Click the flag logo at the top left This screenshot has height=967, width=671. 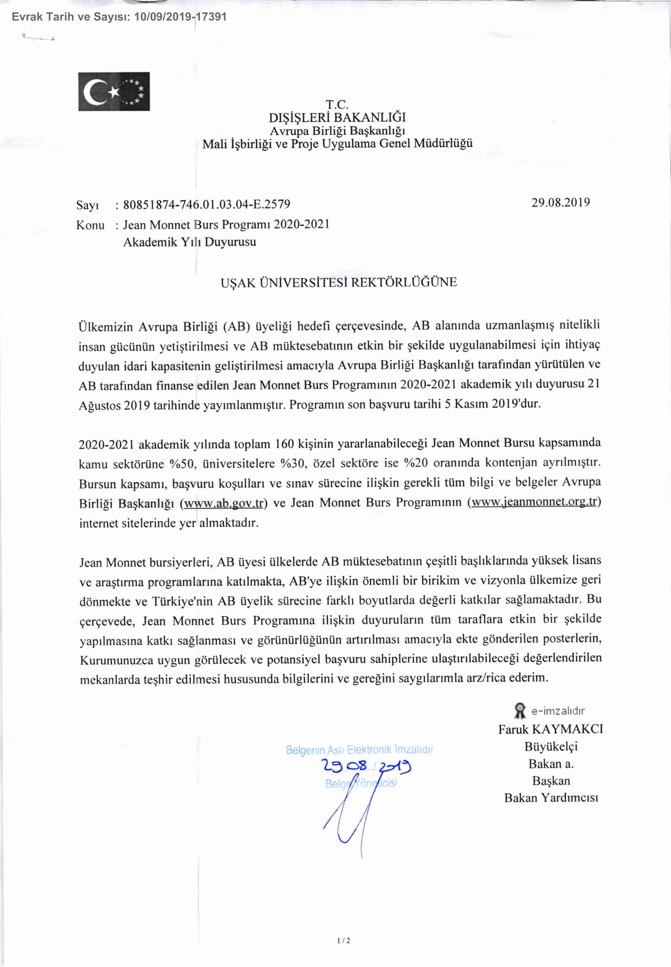pos(114,91)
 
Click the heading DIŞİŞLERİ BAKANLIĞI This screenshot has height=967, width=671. pos(337,117)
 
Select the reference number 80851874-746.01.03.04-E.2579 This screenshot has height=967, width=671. pos(206,204)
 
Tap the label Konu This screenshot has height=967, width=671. pos(90,225)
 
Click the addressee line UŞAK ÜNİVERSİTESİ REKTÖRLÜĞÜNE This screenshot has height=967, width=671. pos(339,282)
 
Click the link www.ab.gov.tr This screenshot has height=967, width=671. pos(224,503)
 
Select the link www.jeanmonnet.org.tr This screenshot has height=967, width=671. pos(534,502)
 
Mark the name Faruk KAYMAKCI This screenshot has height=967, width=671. pos(551,729)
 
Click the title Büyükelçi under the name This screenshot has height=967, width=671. pos(551,746)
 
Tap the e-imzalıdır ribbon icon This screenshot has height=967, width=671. pos(520,711)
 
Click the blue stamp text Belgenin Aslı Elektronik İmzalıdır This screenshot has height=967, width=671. pos(359,750)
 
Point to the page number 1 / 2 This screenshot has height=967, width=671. pos(344,941)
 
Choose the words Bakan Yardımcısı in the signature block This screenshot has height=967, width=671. pos(551,798)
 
